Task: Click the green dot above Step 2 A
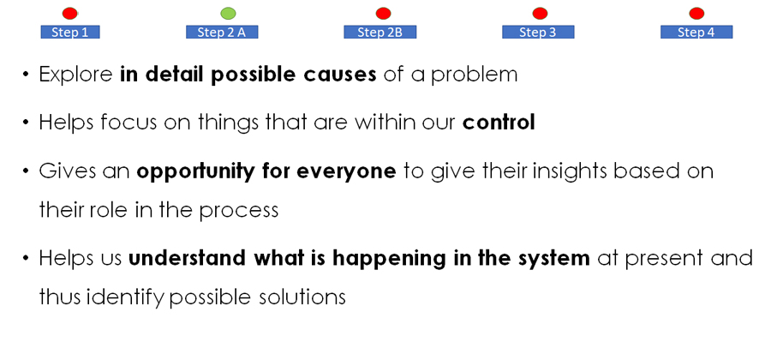click(x=228, y=13)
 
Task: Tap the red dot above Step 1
click(x=70, y=13)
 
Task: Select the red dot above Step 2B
click(x=383, y=13)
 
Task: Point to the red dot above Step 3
click(x=540, y=13)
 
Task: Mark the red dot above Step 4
click(x=696, y=13)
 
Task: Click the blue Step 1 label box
click(x=70, y=32)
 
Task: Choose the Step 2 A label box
click(x=222, y=32)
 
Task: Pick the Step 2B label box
click(x=380, y=32)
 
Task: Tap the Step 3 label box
click(x=538, y=32)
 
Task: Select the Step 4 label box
click(x=696, y=32)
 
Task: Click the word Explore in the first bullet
click(x=75, y=75)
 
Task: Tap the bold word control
click(x=499, y=123)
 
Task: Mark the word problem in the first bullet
click(x=475, y=75)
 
